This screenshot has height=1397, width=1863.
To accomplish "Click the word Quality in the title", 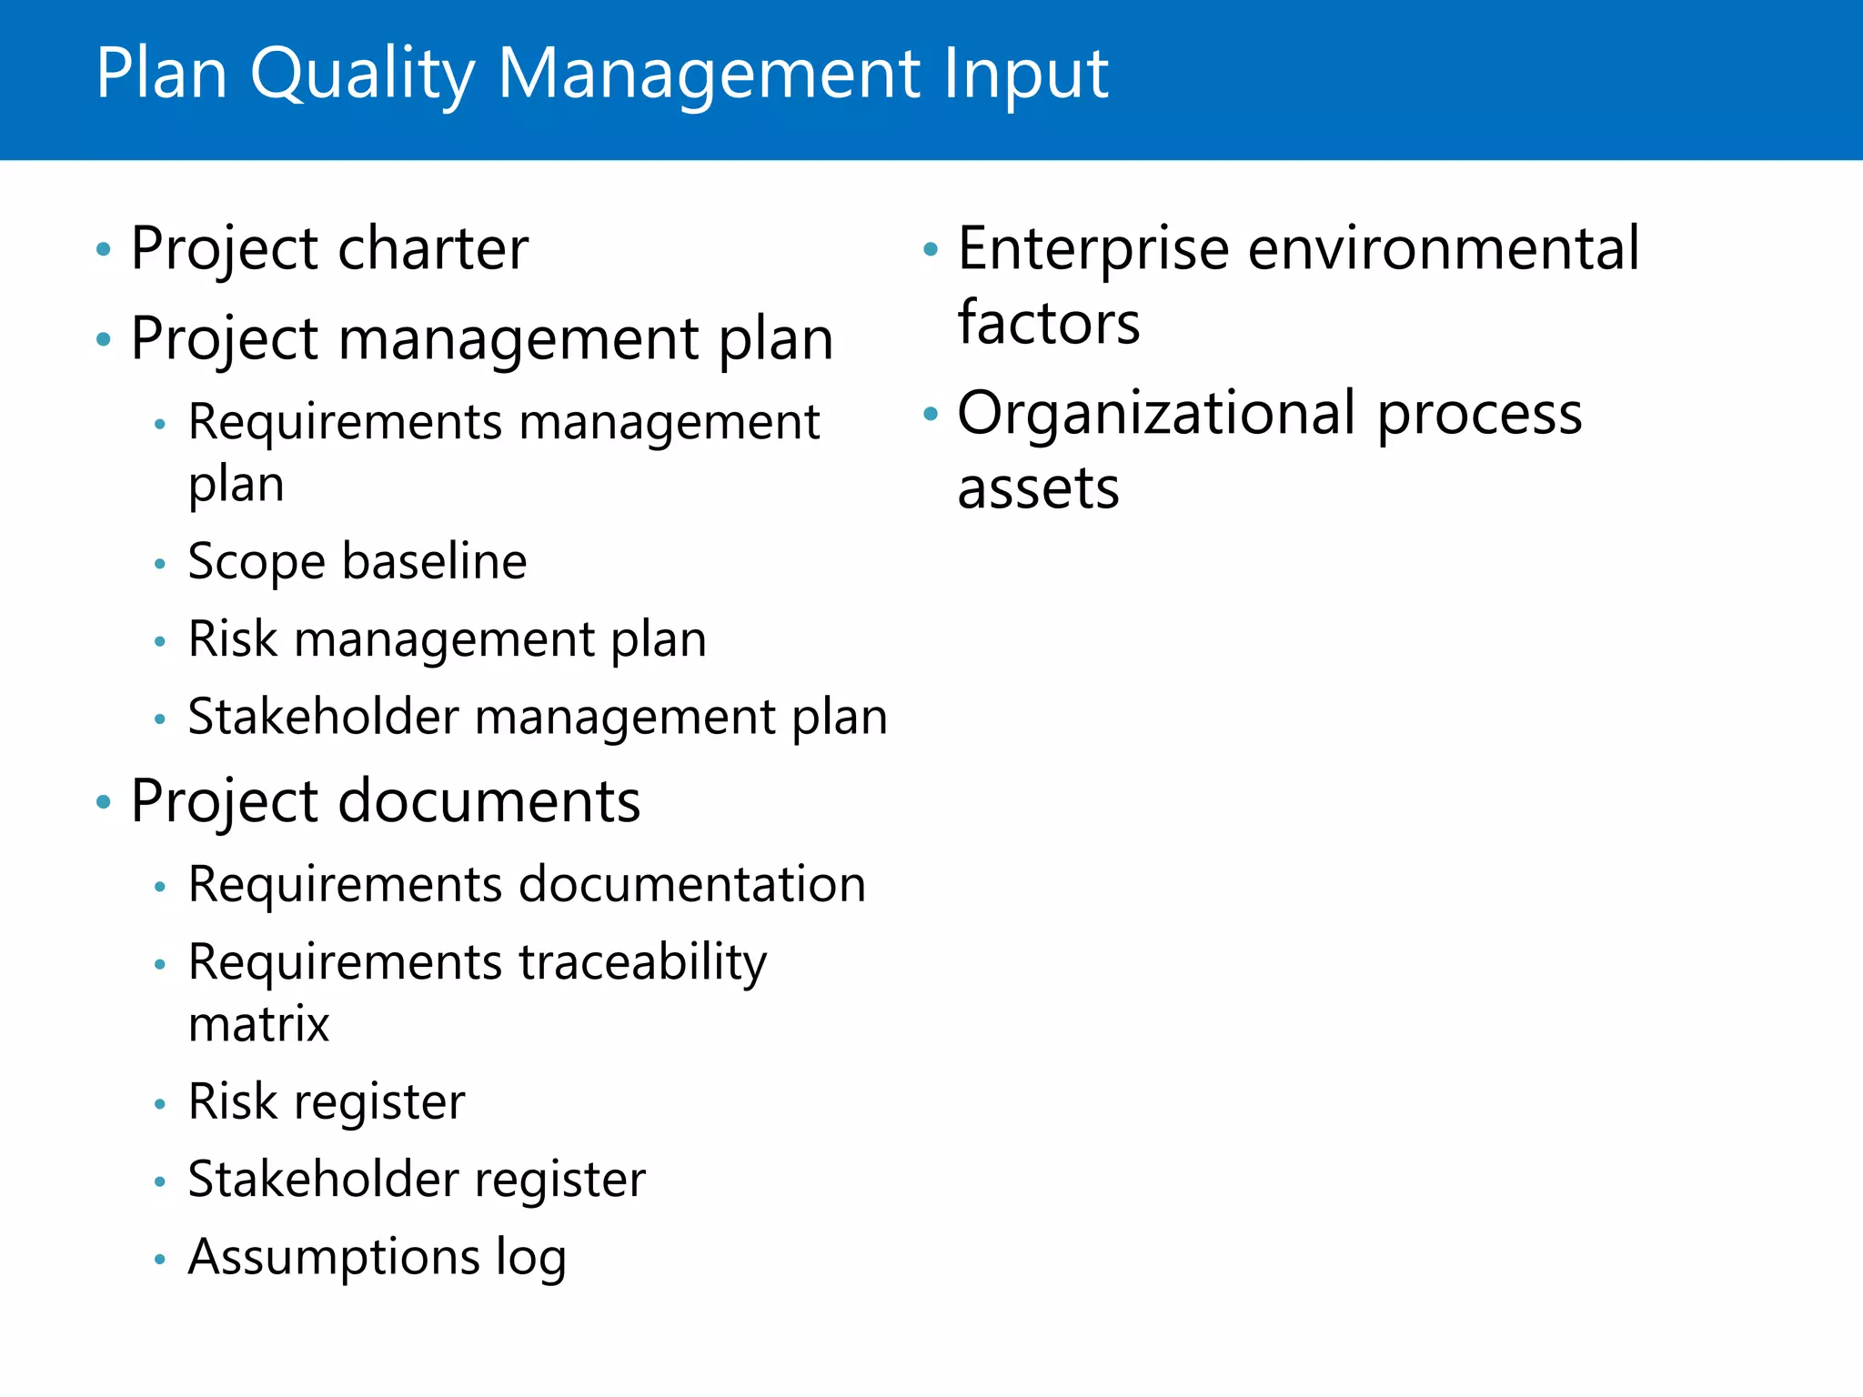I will pyautogui.click(x=362, y=75).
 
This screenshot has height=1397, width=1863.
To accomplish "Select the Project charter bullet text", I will pyautogui.click(x=329, y=248).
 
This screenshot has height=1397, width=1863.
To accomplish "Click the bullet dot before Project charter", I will pyautogui.click(x=104, y=249).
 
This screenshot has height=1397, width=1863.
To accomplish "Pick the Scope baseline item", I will pyautogui.click(x=357, y=561).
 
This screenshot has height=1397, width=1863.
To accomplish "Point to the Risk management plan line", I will pyautogui.click(x=447, y=638).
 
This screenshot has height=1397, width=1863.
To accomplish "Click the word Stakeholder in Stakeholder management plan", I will pyautogui.click(x=323, y=717).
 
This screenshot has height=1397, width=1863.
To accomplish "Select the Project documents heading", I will pyautogui.click(x=386, y=801).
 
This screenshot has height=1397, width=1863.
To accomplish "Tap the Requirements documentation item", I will pyautogui.click(x=527, y=884).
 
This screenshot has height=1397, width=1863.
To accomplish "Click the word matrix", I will pyautogui.click(x=258, y=1024).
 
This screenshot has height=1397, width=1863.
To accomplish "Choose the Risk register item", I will pyautogui.click(x=327, y=1101).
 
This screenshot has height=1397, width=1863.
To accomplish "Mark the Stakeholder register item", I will pyautogui.click(x=417, y=1179).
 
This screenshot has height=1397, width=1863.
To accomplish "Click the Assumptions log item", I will pyautogui.click(x=377, y=1257).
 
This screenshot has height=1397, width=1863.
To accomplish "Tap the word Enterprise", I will pyautogui.click(x=1093, y=248).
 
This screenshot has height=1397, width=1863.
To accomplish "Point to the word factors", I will pyautogui.click(x=1048, y=323).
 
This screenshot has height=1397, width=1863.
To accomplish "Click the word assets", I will pyautogui.click(x=1038, y=489).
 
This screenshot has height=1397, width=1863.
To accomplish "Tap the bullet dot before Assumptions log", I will pyautogui.click(x=160, y=1260).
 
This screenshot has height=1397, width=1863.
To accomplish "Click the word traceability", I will pyautogui.click(x=642, y=962).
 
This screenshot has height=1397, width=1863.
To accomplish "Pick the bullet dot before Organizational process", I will pyautogui.click(x=930, y=415).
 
